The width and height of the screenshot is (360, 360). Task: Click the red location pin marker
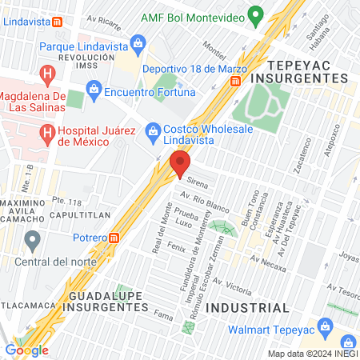click(x=179, y=166)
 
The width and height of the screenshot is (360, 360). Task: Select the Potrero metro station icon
click(x=115, y=238)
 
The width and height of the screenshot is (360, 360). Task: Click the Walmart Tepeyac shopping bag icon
click(x=325, y=326)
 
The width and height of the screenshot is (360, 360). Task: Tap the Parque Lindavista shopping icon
click(x=138, y=42)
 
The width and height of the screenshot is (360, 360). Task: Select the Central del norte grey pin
click(x=33, y=239)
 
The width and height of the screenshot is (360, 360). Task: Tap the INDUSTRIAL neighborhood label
click(x=247, y=307)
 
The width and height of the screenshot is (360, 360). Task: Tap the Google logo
click(x=26, y=350)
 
